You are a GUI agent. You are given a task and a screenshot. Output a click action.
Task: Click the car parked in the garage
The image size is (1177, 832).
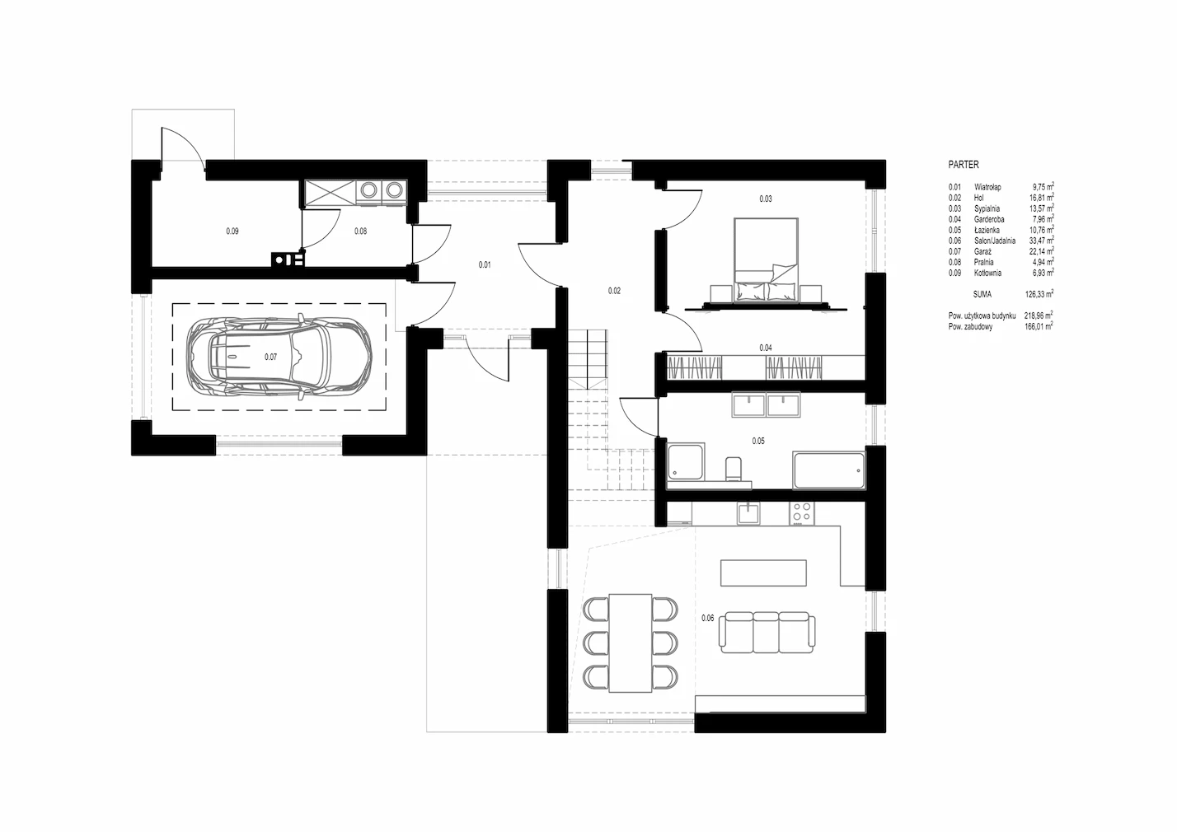280,356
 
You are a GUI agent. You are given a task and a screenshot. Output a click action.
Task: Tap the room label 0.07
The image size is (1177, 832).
270,358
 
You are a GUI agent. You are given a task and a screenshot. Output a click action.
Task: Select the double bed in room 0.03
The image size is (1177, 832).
766,260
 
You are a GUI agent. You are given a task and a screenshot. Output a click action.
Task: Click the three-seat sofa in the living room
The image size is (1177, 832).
767,633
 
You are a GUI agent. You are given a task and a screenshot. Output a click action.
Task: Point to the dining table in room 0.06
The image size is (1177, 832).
631,643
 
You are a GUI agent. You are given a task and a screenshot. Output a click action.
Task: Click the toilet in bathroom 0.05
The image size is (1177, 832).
734,469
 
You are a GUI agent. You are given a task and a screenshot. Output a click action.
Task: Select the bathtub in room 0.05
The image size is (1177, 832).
829,470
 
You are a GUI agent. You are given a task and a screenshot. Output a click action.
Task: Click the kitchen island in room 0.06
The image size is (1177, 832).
763,573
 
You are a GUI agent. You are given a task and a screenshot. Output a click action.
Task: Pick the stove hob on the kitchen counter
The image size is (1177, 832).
802,513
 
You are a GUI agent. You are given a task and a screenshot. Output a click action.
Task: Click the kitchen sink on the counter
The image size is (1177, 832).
748,513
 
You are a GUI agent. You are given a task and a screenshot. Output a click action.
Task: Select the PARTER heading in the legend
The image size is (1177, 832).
964,165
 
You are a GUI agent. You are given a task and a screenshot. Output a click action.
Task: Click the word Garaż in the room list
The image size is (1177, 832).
982,251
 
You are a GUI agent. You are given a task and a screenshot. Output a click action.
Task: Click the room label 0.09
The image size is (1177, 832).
232,231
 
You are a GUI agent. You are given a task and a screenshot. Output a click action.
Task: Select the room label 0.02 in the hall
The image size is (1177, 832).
614,291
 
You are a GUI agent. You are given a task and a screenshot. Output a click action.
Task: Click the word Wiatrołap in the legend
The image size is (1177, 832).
987,187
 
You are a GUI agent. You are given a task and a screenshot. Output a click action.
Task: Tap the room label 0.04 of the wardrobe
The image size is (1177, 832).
766,348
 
